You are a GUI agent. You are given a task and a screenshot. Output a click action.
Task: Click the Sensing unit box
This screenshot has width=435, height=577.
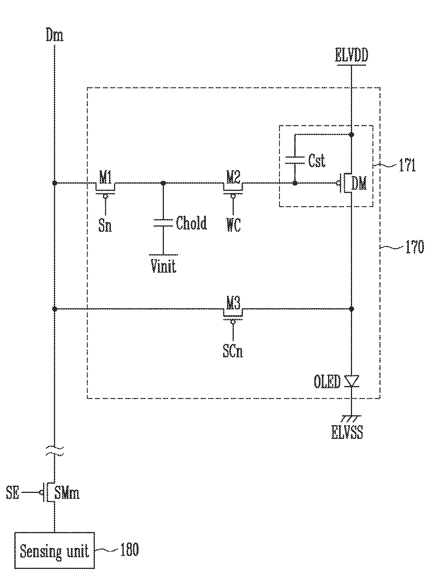(55, 549)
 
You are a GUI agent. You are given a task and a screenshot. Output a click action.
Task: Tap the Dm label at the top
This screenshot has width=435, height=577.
(55, 36)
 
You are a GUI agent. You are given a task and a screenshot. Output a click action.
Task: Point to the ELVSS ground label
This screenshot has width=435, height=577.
(347, 433)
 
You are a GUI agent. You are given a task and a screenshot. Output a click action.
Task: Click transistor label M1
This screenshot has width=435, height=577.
(105, 180)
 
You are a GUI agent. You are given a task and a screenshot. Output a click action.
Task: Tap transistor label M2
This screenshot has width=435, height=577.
(233, 180)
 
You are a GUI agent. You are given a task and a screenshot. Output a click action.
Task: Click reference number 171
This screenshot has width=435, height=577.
(407, 166)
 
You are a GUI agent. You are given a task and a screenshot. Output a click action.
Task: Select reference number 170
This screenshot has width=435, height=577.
(414, 247)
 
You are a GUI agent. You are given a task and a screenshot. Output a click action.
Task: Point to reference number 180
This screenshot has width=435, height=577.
(129, 549)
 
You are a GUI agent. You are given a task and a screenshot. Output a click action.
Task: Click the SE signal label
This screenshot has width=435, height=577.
(13, 493)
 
